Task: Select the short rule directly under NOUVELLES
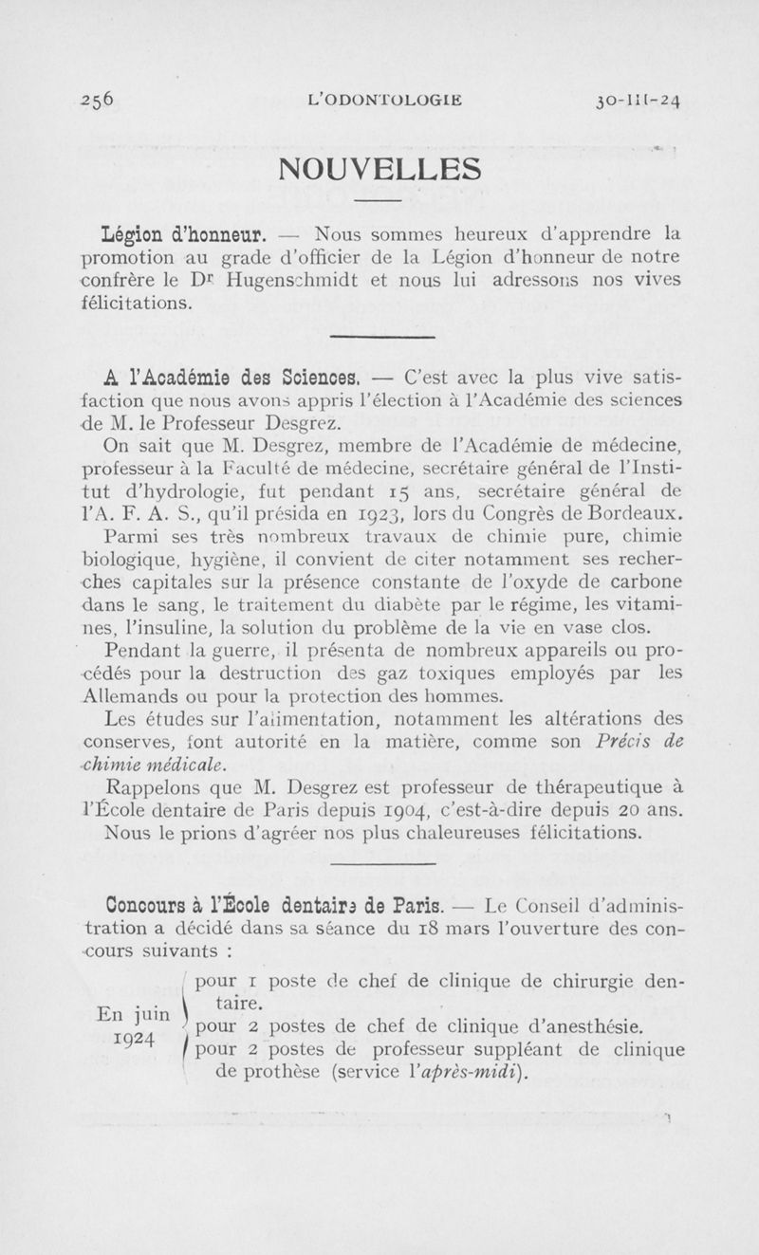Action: (379, 202)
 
